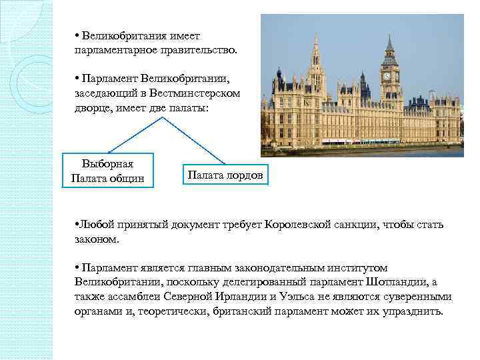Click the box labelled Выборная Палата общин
[107, 171]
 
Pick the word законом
[97, 238]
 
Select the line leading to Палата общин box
[133, 134]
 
